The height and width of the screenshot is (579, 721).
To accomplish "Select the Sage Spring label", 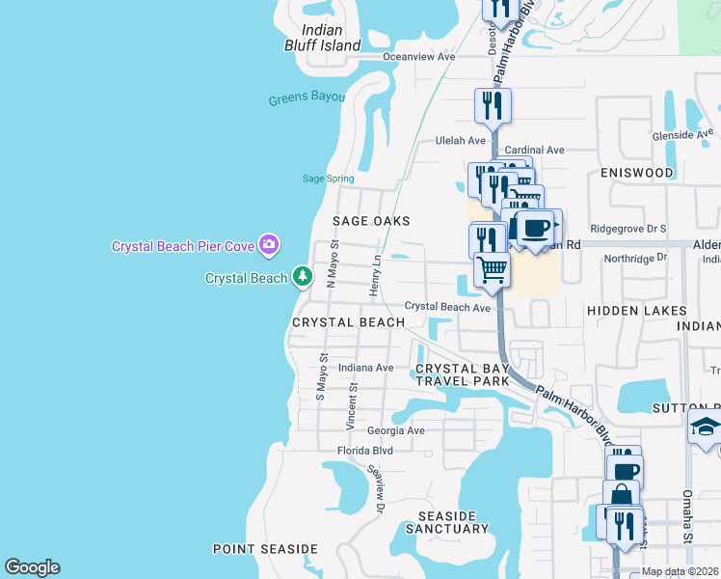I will click(x=328, y=179).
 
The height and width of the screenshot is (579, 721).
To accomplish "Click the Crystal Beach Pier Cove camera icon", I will click(x=271, y=245).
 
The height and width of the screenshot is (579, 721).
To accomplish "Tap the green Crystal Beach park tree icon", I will click(x=303, y=277).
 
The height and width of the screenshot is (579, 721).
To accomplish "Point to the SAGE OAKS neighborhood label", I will click(x=371, y=221).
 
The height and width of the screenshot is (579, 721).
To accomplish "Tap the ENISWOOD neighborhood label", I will click(x=636, y=173).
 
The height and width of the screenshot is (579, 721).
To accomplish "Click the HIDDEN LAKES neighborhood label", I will click(x=637, y=311).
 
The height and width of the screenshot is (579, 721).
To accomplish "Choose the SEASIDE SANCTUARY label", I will click(x=446, y=522).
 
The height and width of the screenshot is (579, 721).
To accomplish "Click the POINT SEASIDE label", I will click(x=265, y=549).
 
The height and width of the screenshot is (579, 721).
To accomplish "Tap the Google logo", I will click(x=32, y=567).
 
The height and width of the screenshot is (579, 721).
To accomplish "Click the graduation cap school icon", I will click(x=706, y=425).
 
